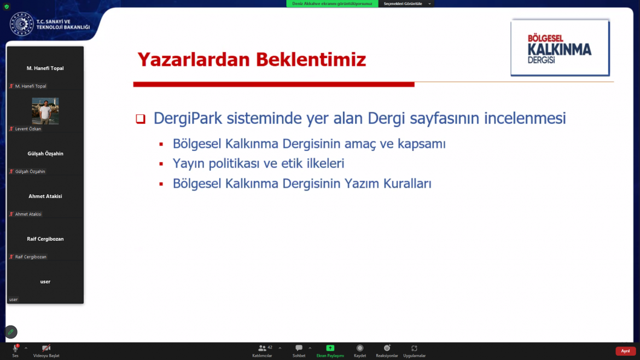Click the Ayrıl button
pyautogui.click(x=625, y=351)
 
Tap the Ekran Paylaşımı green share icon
pyautogui.click(x=330, y=348)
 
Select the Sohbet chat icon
pyautogui.click(x=299, y=348)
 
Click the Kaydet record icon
pyautogui.click(x=359, y=348)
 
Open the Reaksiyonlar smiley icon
pyautogui.click(x=387, y=348)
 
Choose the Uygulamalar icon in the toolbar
pyautogui.click(x=414, y=348)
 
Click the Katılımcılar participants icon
pyautogui.click(x=262, y=348)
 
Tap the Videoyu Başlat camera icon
pyautogui.click(x=46, y=348)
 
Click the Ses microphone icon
pyautogui.click(x=15, y=348)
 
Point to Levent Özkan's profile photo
pyautogui.click(x=45, y=111)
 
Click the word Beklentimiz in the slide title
pyautogui.click(x=311, y=60)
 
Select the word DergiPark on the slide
pyautogui.click(x=188, y=118)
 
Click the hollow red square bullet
pyautogui.click(x=141, y=119)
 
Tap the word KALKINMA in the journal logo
pyautogui.click(x=560, y=50)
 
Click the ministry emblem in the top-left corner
pyautogui.click(x=21, y=24)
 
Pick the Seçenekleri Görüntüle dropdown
pyautogui.click(x=406, y=4)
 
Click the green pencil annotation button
pyautogui.click(x=11, y=332)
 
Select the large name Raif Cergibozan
pyautogui.click(x=45, y=239)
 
